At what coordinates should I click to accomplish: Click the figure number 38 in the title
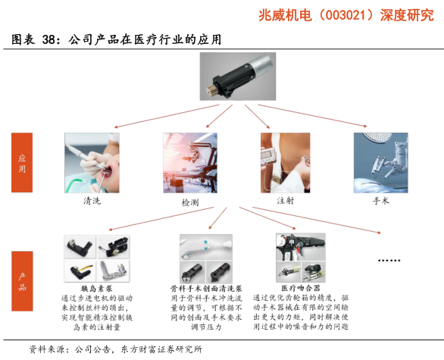[x=48, y=39]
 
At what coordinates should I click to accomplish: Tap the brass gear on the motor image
[x=211, y=91]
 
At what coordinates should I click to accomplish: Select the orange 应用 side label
[x=22, y=163]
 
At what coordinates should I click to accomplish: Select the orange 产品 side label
[x=22, y=281]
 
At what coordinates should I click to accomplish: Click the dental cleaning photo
[x=92, y=163]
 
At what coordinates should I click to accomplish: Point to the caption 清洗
[x=92, y=201]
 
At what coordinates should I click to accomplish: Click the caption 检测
[x=190, y=202]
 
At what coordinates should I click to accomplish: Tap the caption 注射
[x=286, y=201]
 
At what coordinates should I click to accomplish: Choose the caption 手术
[x=381, y=201]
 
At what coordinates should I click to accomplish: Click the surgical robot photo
[x=381, y=163]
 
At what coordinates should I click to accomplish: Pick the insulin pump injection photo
[x=286, y=163]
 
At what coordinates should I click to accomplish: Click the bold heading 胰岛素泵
[x=96, y=289]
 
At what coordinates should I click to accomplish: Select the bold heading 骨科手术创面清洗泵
[x=206, y=289]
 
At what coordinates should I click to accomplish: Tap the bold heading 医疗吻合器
[x=301, y=288]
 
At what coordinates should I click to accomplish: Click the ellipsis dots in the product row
[x=389, y=260]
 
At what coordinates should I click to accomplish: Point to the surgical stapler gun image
[x=301, y=247]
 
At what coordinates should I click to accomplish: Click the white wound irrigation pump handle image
[x=206, y=247]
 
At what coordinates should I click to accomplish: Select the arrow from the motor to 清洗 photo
[x=167, y=116]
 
